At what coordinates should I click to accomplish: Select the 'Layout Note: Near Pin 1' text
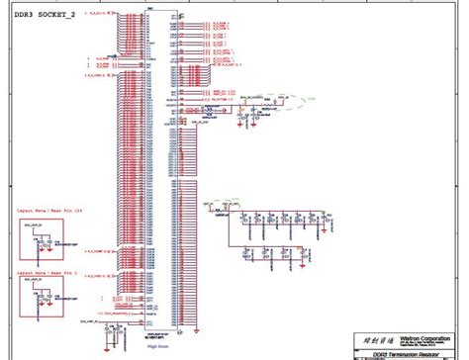pos(42,267)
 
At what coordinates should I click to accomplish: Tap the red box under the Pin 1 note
pos(41,294)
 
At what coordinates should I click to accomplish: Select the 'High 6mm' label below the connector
pos(158,345)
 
